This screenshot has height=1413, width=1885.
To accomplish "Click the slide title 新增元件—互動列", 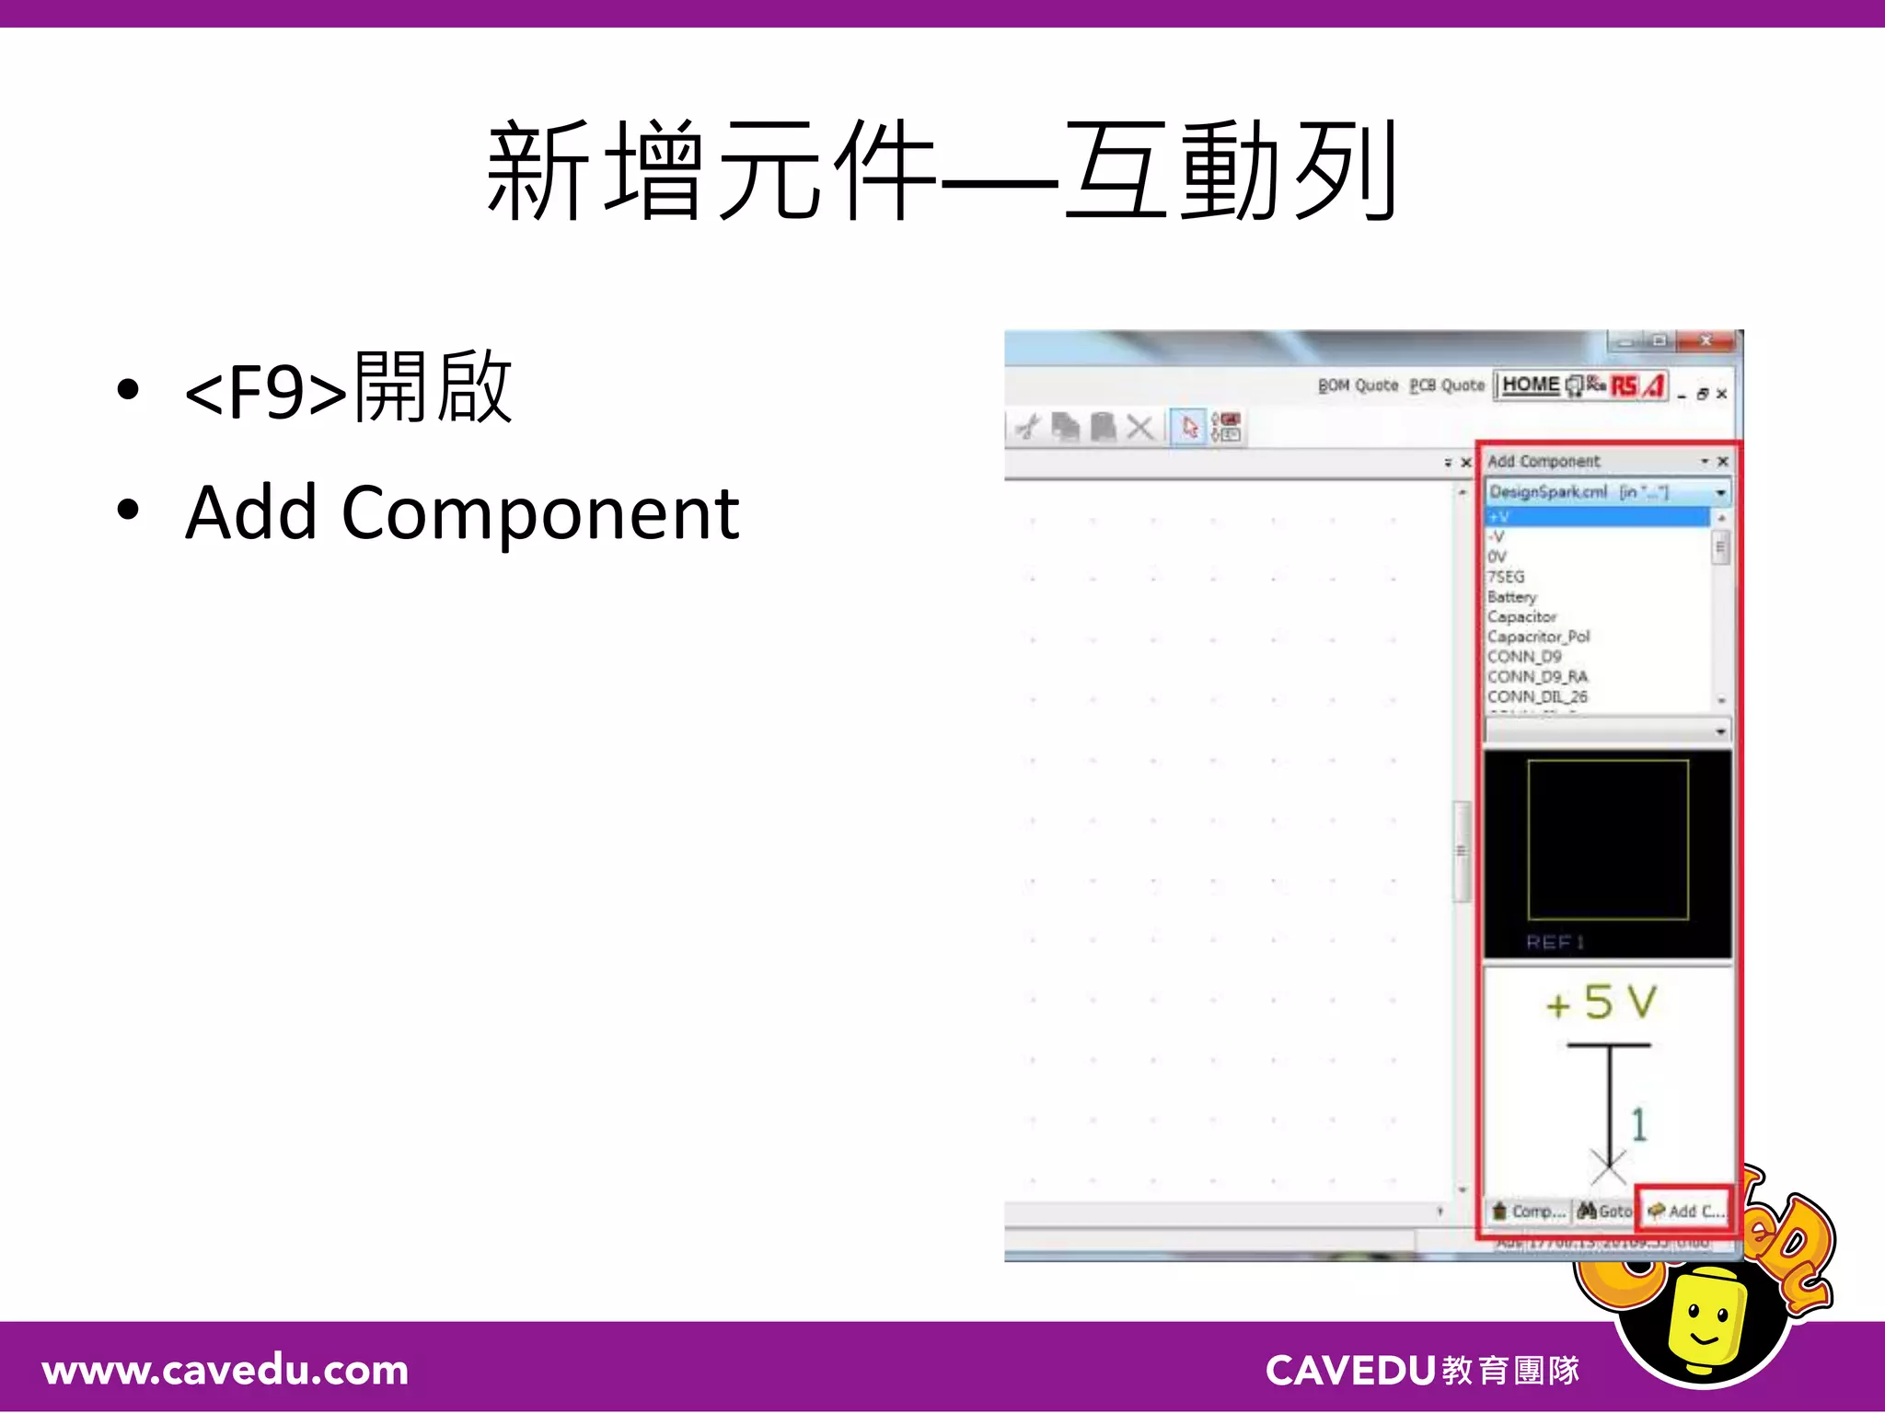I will point(941,172).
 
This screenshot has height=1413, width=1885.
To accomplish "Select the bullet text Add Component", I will point(462,512).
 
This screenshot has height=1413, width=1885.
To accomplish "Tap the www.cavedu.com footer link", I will point(226,1371).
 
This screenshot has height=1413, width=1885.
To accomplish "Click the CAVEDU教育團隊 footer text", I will point(1422,1371).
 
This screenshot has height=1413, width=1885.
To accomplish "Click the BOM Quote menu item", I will point(1358,385).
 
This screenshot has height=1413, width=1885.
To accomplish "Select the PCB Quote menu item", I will point(1447,385).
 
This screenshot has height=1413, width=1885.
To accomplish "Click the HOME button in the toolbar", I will point(1531,385).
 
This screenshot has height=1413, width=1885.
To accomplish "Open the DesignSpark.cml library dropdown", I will point(1719,493).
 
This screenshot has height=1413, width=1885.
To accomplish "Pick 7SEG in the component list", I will point(1507,577).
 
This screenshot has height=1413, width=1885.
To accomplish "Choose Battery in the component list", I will point(1512,597).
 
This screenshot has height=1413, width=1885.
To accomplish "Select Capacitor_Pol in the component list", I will point(1538,637).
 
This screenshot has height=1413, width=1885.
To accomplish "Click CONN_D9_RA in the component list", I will point(1537,676).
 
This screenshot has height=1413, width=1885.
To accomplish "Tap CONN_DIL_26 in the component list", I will point(1537,696).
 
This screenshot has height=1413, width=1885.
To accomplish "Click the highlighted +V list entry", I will point(1597,517).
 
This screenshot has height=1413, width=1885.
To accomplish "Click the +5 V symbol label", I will point(1602,1003).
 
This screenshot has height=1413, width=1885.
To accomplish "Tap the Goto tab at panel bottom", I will point(1605,1212).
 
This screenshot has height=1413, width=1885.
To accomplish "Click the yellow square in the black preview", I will point(1608,839).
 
